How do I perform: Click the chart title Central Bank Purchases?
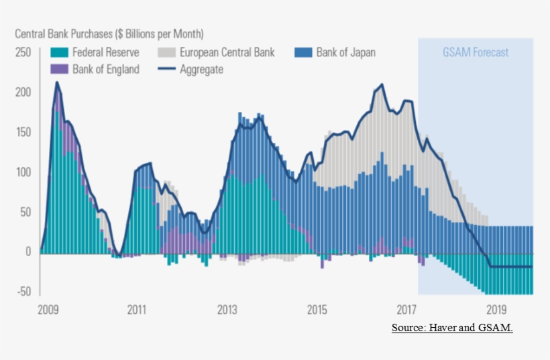109,33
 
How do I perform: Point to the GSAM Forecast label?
475,52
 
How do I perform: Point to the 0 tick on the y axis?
28,252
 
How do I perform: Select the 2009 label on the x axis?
48,310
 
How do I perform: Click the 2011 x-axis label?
137,310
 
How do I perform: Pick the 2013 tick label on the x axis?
227,310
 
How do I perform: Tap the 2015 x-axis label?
317,310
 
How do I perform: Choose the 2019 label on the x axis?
496,310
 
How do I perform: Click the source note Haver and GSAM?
452,327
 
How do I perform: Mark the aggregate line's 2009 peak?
57,82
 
